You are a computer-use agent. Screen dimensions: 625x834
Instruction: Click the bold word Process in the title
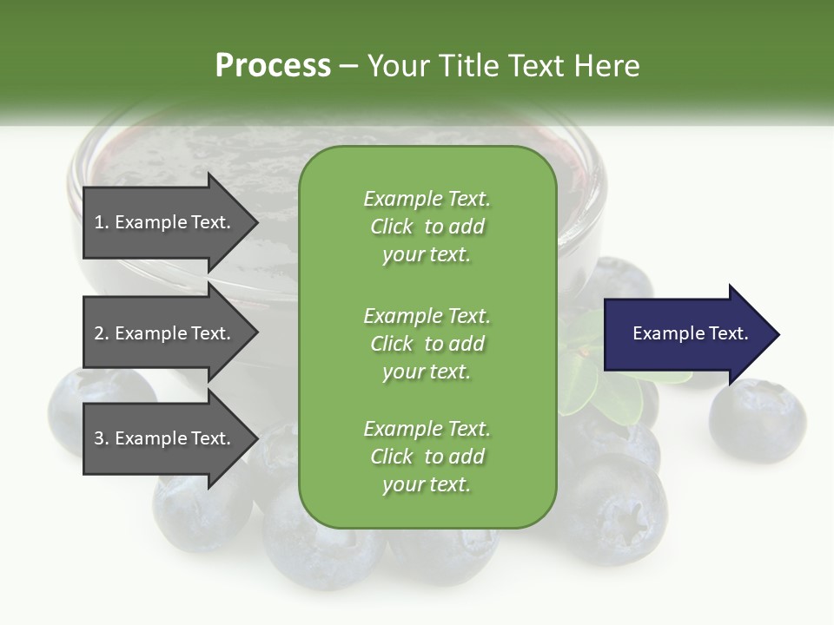(273, 65)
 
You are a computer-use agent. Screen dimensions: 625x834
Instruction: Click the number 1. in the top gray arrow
(102, 222)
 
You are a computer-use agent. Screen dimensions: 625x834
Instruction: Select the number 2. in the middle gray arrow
(102, 333)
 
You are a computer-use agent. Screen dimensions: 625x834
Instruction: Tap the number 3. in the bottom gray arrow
(102, 438)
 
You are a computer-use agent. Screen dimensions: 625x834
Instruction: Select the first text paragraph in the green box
(427, 227)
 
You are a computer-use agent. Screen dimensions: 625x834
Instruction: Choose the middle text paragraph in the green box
(427, 343)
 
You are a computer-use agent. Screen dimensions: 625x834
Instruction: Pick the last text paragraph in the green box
(427, 457)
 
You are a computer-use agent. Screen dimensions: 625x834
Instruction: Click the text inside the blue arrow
(691, 333)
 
